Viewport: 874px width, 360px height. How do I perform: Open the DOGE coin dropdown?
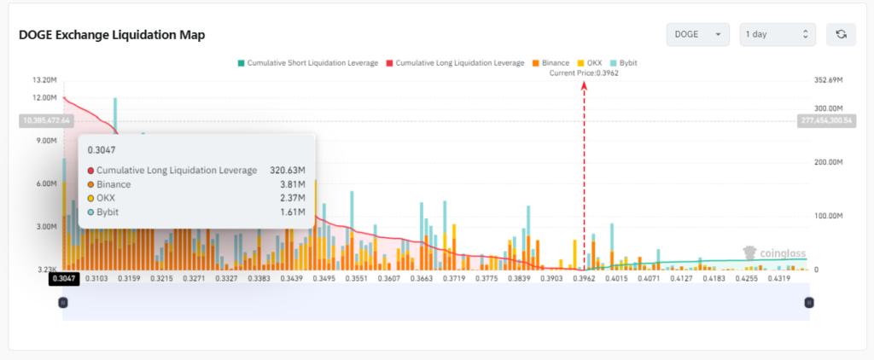click(x=698, y=34)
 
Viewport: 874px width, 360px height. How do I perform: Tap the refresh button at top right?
click(x=841, y=34)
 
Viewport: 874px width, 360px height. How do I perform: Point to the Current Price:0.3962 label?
click(x=584, y=73)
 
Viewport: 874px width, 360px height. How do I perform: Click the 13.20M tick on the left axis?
click(x=44, y=80)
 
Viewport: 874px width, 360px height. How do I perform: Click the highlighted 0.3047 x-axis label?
click(x=63, y=278)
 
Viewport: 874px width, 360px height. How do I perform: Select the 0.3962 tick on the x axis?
click(x=584, y=278)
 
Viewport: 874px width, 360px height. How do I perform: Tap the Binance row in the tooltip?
click(x=114, y=183)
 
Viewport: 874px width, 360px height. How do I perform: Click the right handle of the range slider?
click(x=809, y=302)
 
